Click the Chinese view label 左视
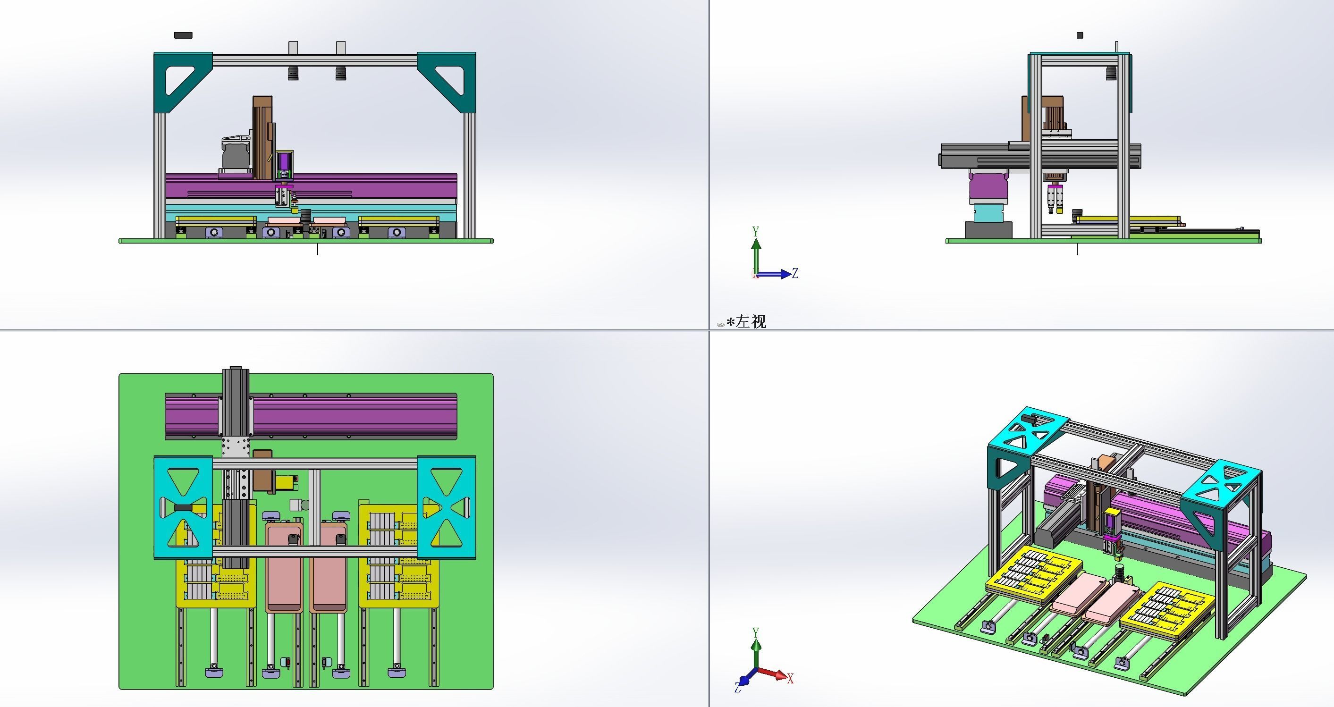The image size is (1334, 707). pos(751,322)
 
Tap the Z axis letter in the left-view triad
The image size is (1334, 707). pos(795,273)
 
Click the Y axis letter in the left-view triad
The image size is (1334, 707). pos(756,231)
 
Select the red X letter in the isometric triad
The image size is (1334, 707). pos(790,679)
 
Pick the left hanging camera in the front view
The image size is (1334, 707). pos(294,73)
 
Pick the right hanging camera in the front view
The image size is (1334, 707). pos(340,73)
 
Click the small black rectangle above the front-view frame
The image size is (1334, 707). pos(183,35)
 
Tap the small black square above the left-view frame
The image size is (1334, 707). pos(1080,35)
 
